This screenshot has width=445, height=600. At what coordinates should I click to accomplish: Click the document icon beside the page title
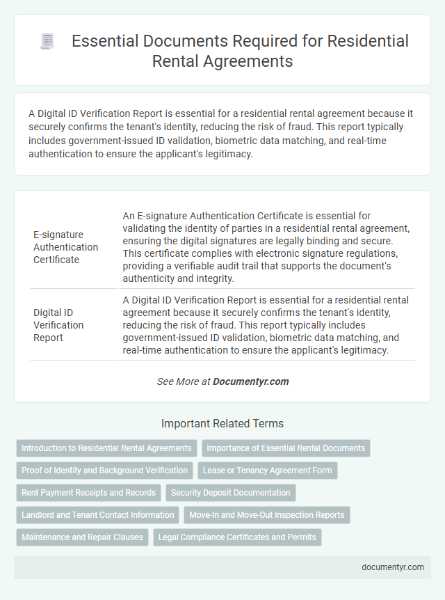pos(47,41)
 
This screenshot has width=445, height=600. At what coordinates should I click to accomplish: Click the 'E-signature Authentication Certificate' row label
pos(65,247)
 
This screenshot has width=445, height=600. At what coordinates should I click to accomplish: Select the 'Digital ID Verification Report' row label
pos(58,325)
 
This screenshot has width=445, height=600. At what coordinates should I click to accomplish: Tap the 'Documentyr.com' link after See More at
pos(250,381)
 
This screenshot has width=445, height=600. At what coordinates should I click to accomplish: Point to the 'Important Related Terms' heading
pos(222,423)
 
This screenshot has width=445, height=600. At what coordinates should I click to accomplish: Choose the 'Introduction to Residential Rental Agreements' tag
pos(106,448)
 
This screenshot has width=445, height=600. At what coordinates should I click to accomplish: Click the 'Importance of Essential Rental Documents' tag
pos(286,448)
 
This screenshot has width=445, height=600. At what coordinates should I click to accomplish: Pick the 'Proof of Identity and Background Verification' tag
pos(104,471)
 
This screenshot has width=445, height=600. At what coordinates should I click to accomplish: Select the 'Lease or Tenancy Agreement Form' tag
pos(268,471)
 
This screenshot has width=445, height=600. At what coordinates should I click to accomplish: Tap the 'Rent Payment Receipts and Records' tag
pos(88,493)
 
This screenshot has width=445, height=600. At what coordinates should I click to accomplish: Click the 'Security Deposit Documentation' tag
pos(231,493)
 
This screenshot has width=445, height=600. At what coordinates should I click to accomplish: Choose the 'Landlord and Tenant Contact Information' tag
pos(97,515)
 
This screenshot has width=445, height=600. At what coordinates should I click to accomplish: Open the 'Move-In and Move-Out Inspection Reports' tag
pos(267,515)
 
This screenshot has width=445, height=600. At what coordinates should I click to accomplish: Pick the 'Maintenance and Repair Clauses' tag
pos(82,537)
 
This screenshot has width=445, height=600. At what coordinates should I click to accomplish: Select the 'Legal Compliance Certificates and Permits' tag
pos(237,537)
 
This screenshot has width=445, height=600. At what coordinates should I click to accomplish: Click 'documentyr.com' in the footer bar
pos(393,567)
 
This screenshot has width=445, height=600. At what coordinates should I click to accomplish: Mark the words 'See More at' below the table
pos(184,381)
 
